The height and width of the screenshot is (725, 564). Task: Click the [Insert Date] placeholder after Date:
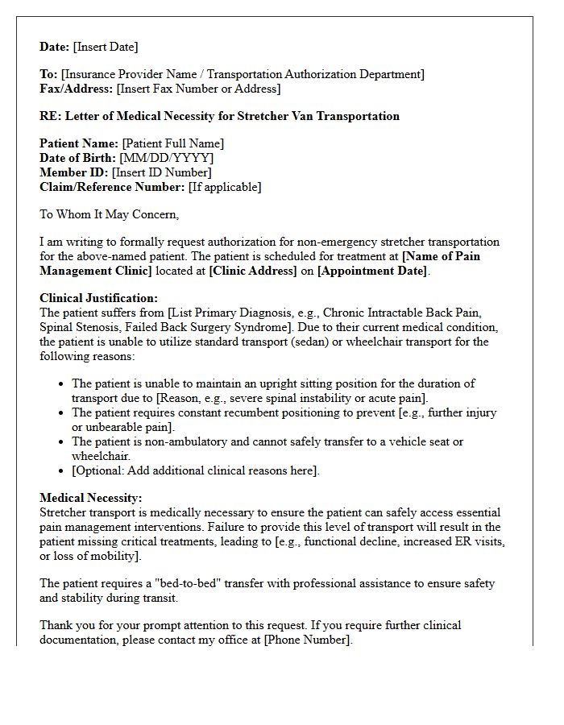click(106, 47)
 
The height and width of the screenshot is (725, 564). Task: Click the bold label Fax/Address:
click(77, 89)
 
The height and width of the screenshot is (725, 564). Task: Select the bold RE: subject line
click(219, 116)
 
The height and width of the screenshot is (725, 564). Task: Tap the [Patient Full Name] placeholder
click(173, 143)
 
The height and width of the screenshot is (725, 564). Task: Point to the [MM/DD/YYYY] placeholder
click(166, 158)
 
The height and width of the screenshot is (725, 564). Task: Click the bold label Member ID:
click(74, 172)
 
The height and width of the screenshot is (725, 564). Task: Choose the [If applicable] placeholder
click(225, 187)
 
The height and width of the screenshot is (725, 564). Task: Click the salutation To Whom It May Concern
click(110, 214)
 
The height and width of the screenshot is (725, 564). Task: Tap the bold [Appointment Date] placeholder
click(371, 271)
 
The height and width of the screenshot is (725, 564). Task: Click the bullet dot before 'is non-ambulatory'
click(61, 441)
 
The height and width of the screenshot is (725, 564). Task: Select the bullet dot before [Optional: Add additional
click(61, 470)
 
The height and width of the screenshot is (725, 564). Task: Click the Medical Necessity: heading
click(90, 498)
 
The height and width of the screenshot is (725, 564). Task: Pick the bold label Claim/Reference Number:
click(112, 187)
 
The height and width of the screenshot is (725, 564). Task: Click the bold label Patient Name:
click(79, 143)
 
